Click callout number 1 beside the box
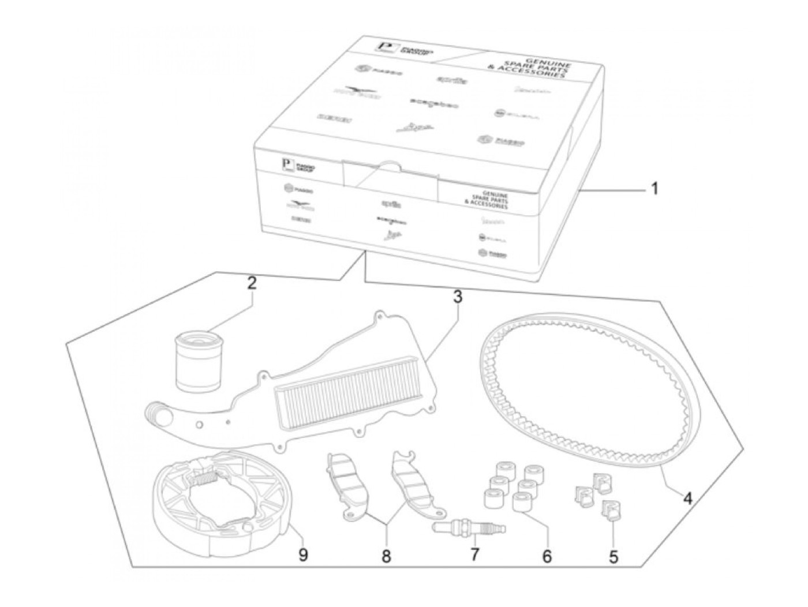coord(654,189)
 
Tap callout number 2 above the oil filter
coord(251,284)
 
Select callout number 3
coord(457,298)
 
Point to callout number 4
coord(687,497)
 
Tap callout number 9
coord(302,555)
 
